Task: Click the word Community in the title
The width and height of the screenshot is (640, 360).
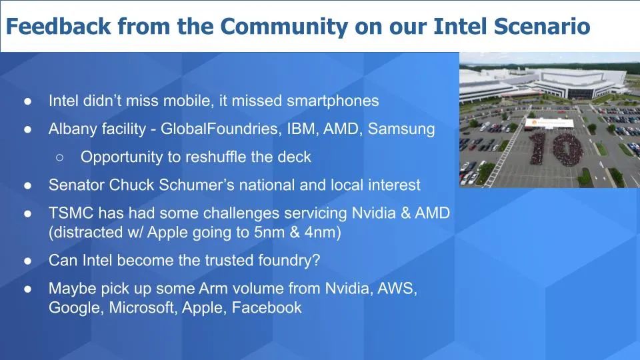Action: [284, 27]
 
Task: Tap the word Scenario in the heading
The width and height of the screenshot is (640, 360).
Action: [542, 26]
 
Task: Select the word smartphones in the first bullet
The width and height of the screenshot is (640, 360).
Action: [333, 101]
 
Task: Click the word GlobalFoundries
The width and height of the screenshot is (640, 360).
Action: [220, 129]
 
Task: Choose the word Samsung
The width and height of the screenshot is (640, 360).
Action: [401, 129]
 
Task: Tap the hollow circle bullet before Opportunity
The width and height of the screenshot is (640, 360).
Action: [59, 157]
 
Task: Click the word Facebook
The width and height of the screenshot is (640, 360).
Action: [267, 308]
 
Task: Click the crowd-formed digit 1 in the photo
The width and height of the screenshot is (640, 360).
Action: [538, 148]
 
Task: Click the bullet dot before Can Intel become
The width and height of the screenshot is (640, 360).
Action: [28, 261]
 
